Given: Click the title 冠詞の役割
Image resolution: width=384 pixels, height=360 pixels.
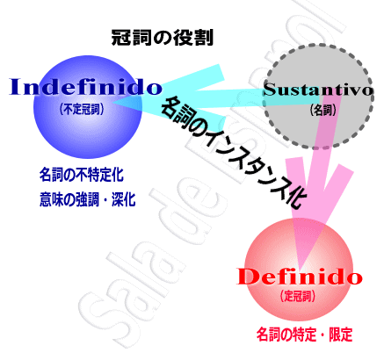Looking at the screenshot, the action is click(x=163, y=38).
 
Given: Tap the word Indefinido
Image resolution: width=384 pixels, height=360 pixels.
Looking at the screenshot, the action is click(x=85, y=87).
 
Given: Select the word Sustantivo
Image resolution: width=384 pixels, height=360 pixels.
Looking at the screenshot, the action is click(x=319, y=90).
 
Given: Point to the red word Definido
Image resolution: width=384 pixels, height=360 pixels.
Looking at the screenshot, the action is click(x=300, y=277).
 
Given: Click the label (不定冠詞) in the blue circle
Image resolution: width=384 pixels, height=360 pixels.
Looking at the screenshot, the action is click(x=82, y=110).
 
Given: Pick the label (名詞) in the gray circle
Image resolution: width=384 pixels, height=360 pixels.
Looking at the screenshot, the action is click(x=322, y=110).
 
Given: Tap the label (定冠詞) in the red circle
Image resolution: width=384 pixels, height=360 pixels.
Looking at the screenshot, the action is click(x=298, y=297).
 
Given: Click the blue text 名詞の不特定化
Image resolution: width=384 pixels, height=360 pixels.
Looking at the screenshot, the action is click(x=82, y=175).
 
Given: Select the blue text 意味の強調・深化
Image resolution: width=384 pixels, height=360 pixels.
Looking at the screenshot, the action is click(x=88, y=199).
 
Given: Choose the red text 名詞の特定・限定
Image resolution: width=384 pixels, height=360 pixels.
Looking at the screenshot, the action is click(x=305, y=335).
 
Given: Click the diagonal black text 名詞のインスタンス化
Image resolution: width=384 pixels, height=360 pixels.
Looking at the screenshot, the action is click(x=234, y=152).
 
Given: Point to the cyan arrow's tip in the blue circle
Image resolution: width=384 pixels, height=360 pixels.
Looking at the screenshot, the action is click(x=113, y=102).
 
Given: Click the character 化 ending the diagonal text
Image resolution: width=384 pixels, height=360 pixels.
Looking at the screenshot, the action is click(x=295, y=198).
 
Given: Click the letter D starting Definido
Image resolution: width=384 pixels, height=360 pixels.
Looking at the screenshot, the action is click(x=246, y=277).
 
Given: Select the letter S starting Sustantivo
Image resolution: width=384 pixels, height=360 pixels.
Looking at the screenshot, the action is click(x=270, y=90).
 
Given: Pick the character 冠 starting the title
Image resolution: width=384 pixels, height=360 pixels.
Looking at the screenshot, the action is click(x=120, y=38).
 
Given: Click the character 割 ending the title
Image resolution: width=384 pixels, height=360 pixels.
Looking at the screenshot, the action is click(x=205, y=38).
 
